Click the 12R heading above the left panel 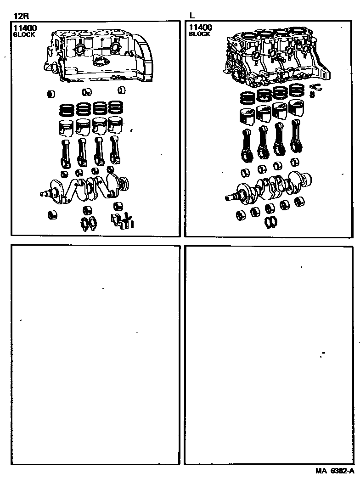click(x=21, y=16)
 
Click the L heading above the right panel click(x=192, y=16)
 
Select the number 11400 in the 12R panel click(x=25, y=28)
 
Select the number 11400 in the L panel click(x=201, y=28)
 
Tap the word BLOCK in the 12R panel click(x=24, y=34)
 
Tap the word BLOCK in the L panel click(x=199, y=34)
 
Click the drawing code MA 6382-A click(x=335, y=471)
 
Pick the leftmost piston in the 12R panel click(x=66, y=128)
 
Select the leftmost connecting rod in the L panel click(x=247, y=145)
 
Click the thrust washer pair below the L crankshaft click(x=271, y=222)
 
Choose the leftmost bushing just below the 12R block click(x=51, y=94)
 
